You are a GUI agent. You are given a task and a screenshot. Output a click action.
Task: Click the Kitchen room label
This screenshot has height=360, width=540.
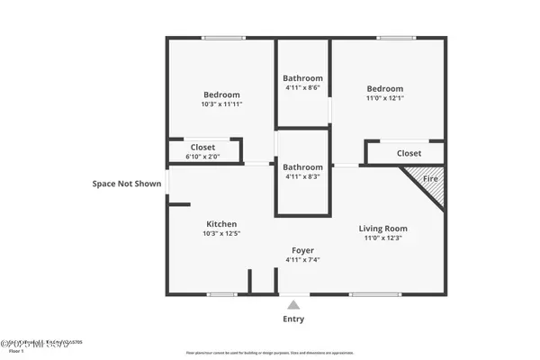click(221, 224)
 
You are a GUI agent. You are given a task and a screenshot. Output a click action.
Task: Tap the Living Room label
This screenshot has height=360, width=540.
click(383, 229)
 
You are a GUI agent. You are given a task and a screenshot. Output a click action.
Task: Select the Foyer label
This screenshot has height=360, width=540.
click(302, 250)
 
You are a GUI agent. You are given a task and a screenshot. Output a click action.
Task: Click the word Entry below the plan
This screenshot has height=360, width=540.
click(293, 319)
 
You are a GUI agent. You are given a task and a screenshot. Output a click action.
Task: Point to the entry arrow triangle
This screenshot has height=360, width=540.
click(293, 305)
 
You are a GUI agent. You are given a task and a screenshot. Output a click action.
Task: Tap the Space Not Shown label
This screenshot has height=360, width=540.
click(127, 184)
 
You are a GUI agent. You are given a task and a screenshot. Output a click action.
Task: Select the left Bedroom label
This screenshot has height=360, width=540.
click(221, 94)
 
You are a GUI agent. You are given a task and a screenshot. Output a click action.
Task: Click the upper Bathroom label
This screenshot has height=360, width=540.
click(302, 77)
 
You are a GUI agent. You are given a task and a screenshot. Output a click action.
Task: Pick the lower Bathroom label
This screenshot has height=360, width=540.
click(302, 167)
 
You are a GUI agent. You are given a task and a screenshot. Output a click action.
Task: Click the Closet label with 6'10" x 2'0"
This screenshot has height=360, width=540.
click(202, 148)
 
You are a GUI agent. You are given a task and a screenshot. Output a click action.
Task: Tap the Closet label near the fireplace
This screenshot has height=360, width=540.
click(409, 154)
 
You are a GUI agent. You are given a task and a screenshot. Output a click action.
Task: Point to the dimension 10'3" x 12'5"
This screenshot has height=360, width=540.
click(221, 234)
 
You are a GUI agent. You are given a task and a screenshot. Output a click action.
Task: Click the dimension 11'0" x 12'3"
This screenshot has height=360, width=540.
click(383, 238)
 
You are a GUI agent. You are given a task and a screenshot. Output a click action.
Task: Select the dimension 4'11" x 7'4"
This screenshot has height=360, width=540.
click(302, 260)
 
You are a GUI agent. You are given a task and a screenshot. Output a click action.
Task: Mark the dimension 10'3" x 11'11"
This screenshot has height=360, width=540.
click(221, 104)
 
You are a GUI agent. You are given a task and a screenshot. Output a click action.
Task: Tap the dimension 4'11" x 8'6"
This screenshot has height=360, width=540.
click(302, 88)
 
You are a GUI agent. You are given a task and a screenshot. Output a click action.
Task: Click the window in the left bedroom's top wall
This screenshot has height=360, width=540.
click(221, 38)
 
